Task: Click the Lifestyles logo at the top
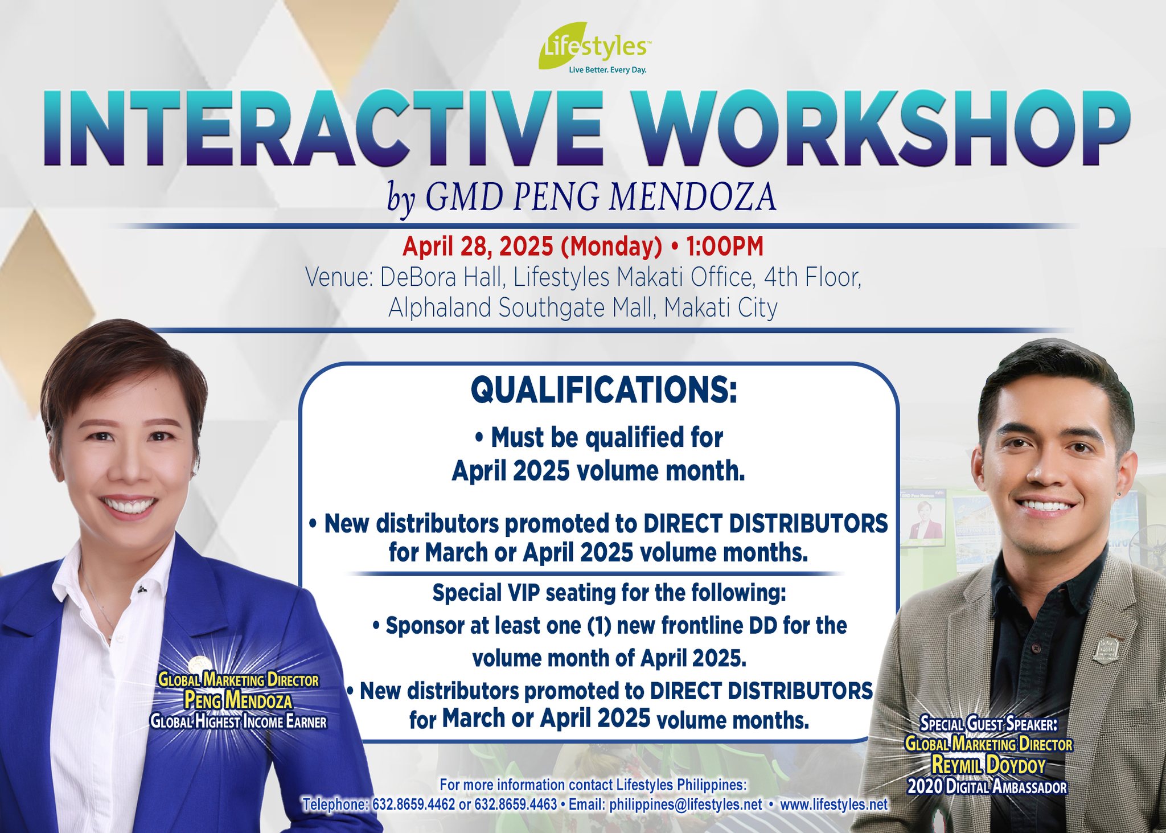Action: tap(592, 47)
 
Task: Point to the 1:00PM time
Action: tap(724, 247)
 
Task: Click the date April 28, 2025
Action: tap(478, 247)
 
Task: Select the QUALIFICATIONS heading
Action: tap(603, 391)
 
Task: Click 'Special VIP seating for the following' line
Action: tap(609, 593)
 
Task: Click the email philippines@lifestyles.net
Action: tap(685, 805)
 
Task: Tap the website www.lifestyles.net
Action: tap(834, 805)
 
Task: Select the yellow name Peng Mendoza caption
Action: tap(238, 700)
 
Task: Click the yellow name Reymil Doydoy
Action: tap(988, 765)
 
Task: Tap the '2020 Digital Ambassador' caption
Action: tap(987, 787)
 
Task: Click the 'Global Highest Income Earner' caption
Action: tap(238, 722)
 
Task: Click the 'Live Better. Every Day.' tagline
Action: tap(607, 71)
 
